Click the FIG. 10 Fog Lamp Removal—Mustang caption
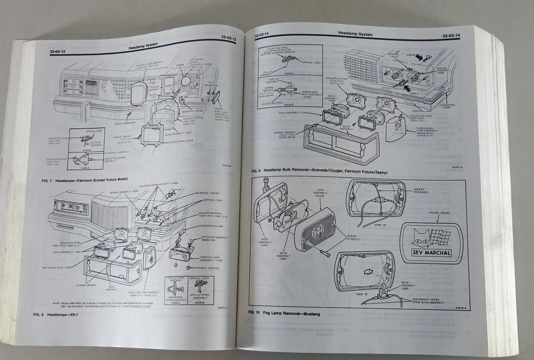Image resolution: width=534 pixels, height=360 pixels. coord(284,314)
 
